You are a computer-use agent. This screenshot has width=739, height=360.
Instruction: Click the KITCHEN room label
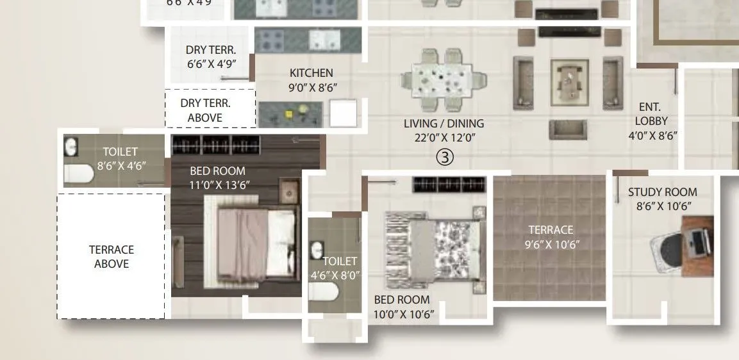point(311,73)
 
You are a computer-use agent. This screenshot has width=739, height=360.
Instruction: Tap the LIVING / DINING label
point(444,123)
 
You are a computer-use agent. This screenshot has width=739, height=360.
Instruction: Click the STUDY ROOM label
point(662,192)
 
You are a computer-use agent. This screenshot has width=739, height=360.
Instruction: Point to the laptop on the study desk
point(698,243)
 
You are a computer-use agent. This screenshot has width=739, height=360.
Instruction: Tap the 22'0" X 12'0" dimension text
point(444,137)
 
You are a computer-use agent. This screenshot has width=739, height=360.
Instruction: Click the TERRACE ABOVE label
point(112,256)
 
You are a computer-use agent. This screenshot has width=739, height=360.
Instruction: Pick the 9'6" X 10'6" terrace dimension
point(551,243)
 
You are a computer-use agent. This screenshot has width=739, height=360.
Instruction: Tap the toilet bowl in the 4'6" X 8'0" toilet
point(324,292)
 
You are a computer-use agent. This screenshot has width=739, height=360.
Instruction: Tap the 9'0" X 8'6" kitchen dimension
point(312,87)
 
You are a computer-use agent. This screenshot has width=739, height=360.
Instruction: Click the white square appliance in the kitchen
point(343,113)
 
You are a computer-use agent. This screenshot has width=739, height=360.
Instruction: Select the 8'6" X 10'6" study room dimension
point(662,206)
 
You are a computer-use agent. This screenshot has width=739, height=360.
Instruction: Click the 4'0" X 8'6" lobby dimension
point(652,135)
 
